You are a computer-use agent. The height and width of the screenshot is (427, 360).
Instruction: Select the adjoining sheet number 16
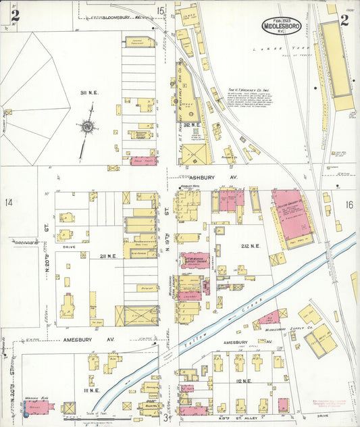pyautogui.click(x=348, y=204)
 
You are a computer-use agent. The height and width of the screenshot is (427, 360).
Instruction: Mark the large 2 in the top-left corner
pyautogui.click(x=15, y=15)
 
